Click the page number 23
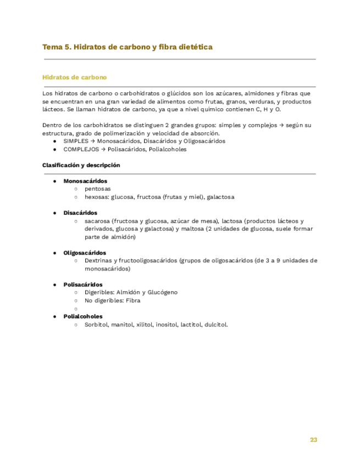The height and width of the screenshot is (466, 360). point(313,440)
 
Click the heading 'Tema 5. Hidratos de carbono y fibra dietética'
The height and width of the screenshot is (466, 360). point(128,47)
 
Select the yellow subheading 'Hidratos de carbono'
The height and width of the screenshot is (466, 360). point(74,77)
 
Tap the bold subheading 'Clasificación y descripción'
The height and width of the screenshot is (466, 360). point(81,165)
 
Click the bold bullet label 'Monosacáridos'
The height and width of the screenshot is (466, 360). point(85,181)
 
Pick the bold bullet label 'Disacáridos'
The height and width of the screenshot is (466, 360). point(80,213)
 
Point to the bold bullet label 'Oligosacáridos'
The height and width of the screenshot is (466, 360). point(85,253)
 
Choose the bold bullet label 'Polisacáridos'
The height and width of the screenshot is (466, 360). point(83,285)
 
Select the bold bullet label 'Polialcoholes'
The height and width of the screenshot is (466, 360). point(83,317)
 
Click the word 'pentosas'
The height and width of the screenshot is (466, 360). point(97,188)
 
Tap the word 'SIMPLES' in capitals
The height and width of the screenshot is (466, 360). point(75,141)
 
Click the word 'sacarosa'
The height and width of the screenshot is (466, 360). point(97,221)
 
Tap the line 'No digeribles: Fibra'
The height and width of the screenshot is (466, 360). point(112,301)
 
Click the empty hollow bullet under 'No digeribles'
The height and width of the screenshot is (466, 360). point(76,309)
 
